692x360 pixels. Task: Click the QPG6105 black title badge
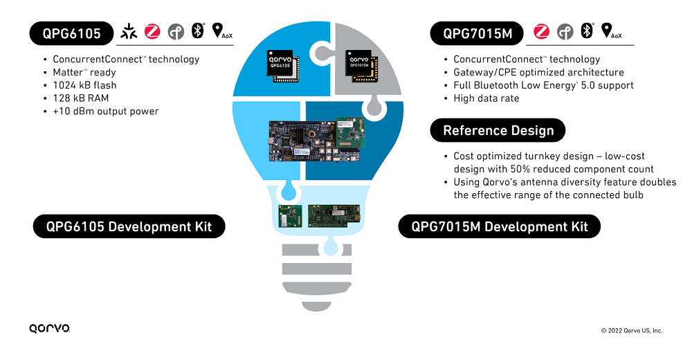(x=71, y=33)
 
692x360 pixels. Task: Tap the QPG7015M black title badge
(x=477, y=33)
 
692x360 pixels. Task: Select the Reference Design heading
(x=498, y=130)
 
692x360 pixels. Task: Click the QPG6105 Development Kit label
(x=129, y=226)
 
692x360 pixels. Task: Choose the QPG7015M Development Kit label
(x=499, y=226)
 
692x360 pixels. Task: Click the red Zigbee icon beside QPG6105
(x=152, y=31)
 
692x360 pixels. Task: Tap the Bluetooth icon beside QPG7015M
(x=587, y=30)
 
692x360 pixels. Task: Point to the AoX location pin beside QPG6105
(x=222, y=31)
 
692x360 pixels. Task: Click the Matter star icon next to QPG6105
(x=129, y=31)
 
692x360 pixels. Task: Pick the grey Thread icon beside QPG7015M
(x=565, y=32)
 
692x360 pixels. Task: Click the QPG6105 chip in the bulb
(x=282, y=66)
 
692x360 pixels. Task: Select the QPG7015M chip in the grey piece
(x=361, y=66)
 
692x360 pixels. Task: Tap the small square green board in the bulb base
(x=290, y=216)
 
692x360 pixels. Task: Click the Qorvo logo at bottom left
(x=49, y=328)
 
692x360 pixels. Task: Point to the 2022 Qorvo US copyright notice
(x=632, y=330)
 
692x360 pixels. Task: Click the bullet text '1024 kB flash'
(x=84, y=85)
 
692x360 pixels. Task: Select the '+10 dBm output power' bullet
(x=105, y=111)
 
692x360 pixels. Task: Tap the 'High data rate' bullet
(x=486, y=98)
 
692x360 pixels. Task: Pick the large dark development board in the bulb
(x=314, y=141)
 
